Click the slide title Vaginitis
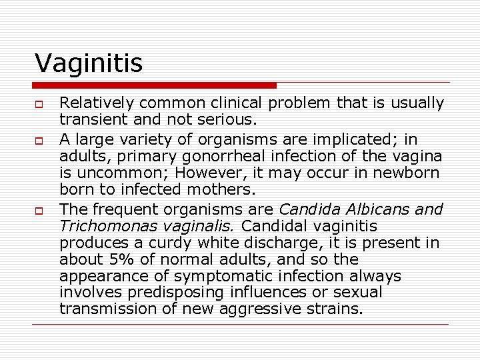[x=89, y=63]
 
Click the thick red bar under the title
[x=155, y=85]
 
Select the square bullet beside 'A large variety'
[x=40, y=140]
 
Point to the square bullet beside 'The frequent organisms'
[x=40, y=209]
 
